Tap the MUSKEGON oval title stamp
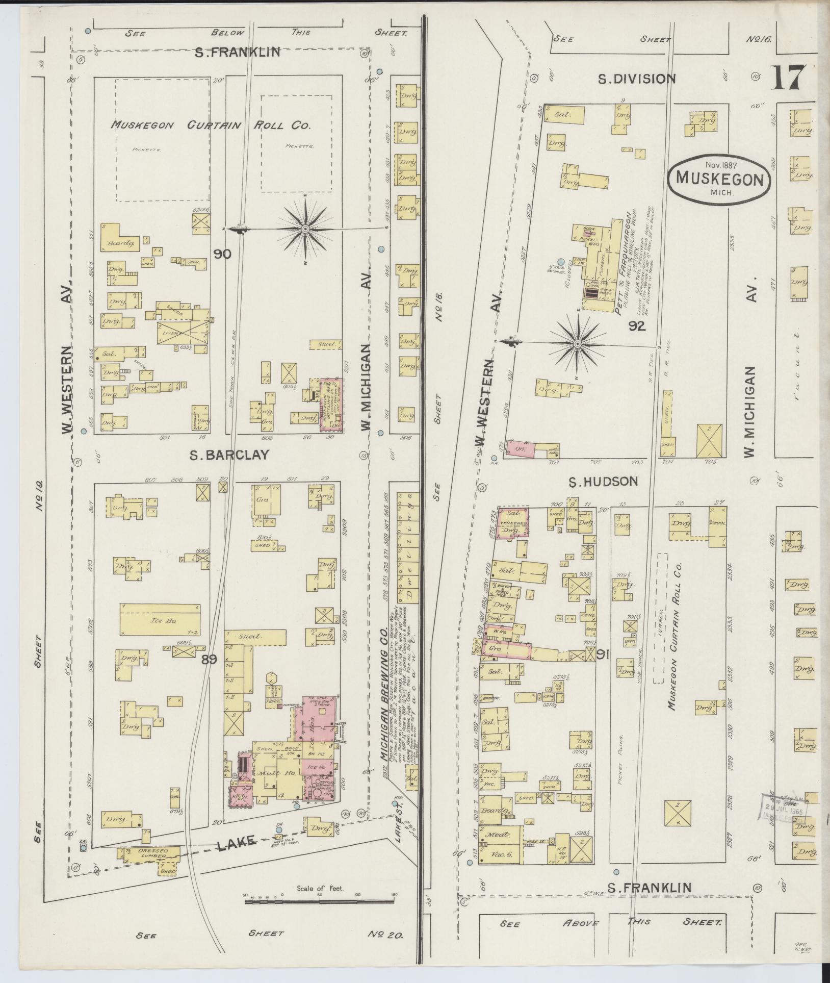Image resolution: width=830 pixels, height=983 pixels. click(719, 179)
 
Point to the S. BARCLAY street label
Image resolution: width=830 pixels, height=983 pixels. click(229, 456)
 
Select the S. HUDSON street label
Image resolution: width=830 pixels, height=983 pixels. click(603, 481)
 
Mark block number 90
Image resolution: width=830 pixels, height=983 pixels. click(222, 254)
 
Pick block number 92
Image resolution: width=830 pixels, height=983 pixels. click(637, 326)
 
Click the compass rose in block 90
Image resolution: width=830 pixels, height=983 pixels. click(305, 229)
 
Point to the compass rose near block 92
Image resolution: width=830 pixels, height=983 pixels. click(577, 344)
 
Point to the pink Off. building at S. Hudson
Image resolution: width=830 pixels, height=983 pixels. click(521, 449)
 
